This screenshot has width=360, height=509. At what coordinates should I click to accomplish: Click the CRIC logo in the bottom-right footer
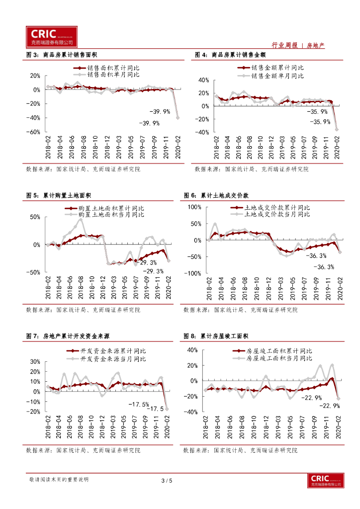326,480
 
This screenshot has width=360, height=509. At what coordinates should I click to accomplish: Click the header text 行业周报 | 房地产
300,45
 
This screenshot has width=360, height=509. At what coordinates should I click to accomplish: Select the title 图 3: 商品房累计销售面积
65,55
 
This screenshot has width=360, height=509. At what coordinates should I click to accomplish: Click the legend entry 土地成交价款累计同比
277,207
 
